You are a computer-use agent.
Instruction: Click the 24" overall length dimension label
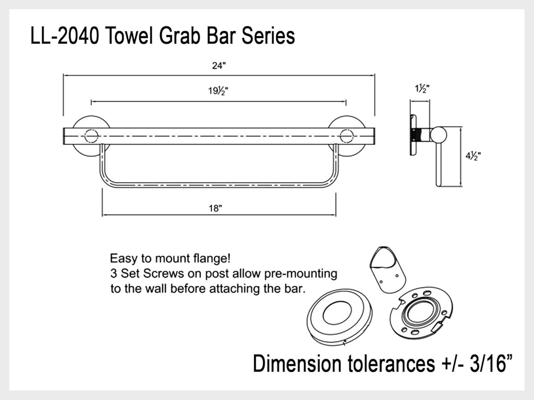pos(219,66)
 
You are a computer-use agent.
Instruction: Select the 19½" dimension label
pos(219,91)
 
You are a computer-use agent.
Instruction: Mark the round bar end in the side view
pos(438,135)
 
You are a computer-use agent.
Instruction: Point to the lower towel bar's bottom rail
pos(219,185)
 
